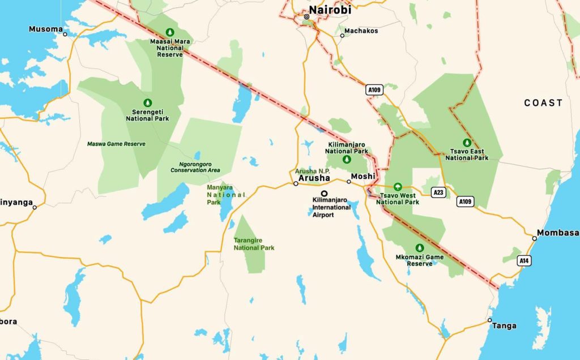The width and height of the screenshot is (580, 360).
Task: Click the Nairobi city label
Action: pos(330,10)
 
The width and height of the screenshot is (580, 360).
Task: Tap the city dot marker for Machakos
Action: pos(342,36)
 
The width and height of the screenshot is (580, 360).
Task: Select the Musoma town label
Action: pos(45,29)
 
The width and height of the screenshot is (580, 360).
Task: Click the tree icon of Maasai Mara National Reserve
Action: pos(169,32)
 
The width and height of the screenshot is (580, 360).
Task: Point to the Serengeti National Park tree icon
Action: pos(147,102)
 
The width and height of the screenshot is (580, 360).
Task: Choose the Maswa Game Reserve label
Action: pos(116,144)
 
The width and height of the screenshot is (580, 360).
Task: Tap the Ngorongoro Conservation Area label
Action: pos(195,166)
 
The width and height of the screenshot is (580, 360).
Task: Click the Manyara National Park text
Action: pos(226,195)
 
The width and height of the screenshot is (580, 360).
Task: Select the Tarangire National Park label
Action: pos(254,244)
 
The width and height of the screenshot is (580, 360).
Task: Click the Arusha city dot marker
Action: pos(296,183)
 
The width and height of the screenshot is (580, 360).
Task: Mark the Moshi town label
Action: pos(363,177)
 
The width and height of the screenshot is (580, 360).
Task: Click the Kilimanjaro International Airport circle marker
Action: pos(325,193)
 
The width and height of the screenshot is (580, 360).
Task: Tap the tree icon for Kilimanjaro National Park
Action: pos(346,160)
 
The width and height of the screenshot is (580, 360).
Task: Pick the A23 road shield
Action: pos(438,192)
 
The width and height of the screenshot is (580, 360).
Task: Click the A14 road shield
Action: pos(525,260)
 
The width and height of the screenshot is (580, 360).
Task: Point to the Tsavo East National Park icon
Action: pos(467,143)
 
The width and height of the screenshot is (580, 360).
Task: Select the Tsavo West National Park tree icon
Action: pos(398,187)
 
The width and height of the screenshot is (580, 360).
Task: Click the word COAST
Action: pos(543,103)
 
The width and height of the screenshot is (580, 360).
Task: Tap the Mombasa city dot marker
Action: pos(534,238)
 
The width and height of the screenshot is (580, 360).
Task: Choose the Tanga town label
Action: pos(504,325)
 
